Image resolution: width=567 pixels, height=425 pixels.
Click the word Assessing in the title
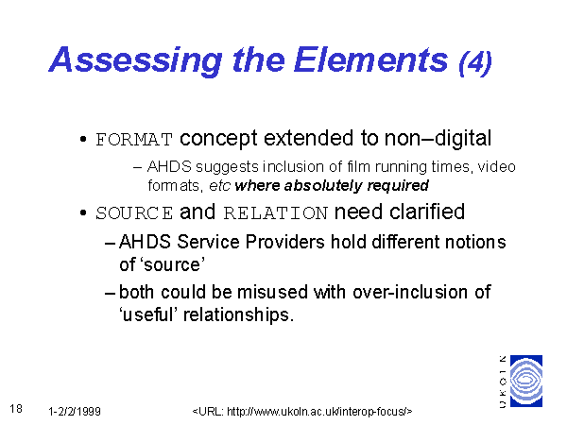[x=135, y=60]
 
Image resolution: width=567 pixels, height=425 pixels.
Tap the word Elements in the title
[x=371, y=59]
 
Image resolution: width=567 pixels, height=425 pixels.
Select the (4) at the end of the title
[x=475, y=62]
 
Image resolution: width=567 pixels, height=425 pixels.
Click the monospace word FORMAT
[x=134, y=140]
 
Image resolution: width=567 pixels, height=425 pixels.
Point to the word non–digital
[x=438, y=138]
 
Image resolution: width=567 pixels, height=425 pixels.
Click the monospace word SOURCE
[x=134, y=213]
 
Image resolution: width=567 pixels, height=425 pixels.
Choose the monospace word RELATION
[x=276, y=213]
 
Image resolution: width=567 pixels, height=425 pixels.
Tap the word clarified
[x=427, y=212]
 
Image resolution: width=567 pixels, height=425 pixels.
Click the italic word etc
[x=219, y=186]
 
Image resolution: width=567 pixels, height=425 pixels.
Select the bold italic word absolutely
[x=323, y=186]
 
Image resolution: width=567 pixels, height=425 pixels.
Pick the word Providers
[x=284, y=242]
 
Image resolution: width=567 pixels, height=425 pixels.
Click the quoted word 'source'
[x=174, y=264]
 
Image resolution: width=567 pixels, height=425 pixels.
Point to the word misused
[x=272, y=292]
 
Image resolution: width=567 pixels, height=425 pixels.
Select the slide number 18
[x=16, y=409]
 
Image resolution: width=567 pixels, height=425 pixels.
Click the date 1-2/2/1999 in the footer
[x=75, y=412]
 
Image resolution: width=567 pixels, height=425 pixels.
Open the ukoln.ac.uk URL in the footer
[x=302, y=412]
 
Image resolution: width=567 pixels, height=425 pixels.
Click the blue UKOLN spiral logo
[x=526, y=381]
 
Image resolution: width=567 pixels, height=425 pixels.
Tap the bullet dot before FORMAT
[x=83, y=139]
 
